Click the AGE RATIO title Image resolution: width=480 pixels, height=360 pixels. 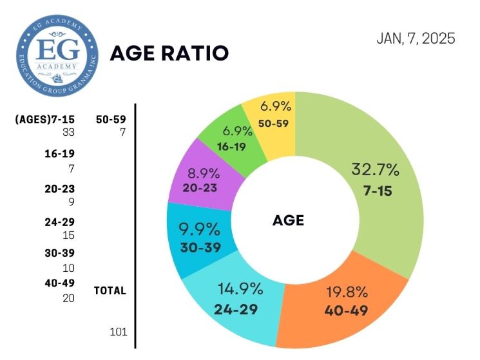click(169, 53)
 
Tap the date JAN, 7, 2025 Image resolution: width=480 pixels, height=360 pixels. click(416, 39)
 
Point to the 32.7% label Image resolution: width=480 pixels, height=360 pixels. click(376, 170)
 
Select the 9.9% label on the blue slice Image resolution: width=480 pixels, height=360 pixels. click(199, 229)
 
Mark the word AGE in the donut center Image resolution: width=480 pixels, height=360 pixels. click(288, 220)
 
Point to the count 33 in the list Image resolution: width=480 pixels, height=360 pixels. click(68, 133)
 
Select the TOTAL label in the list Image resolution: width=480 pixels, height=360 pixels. click(110, 290)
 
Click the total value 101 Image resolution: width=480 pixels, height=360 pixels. click(119, 332)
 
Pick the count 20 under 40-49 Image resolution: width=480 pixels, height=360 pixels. click(68, 298)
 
